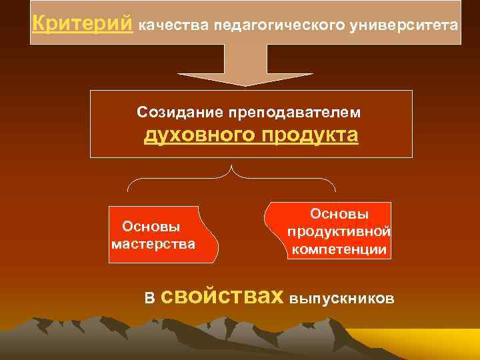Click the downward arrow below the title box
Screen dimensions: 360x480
[245, 67]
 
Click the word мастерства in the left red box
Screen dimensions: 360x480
[153, 244]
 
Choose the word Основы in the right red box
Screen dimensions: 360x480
[339, 215]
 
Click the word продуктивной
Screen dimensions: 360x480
[339, 232]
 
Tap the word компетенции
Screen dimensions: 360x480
[339, 250]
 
